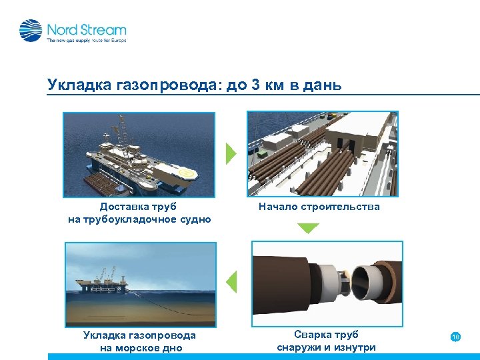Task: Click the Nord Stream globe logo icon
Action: [31, 31]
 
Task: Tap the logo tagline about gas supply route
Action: [86, 41]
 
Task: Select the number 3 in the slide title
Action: [256, 85]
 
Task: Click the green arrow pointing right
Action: [231, 153]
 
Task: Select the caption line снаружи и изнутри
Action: [326, 347]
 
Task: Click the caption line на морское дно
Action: [139, 347]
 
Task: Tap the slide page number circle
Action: [455, 337]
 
